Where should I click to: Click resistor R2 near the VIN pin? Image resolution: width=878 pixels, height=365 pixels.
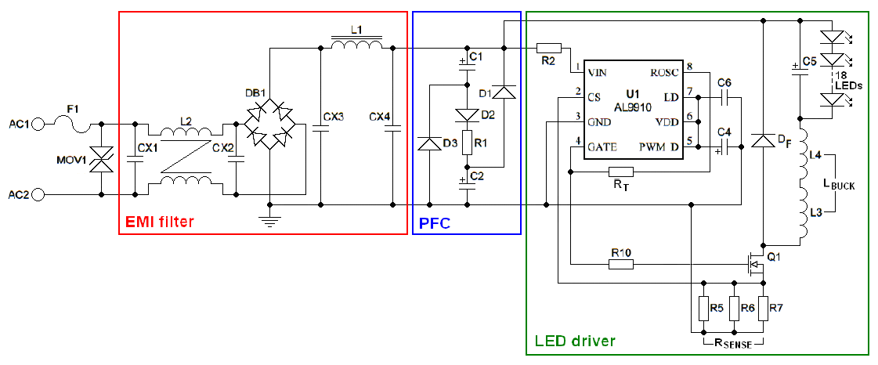(x=548, y=48)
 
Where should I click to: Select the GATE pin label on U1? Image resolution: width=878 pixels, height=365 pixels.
(x=602, y=146)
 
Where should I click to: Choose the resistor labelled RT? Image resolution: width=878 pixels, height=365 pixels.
(x=620, y=172)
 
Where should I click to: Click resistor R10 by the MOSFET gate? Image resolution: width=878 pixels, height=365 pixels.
(x=620, y=265)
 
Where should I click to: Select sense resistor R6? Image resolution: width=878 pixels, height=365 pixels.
(x=735, y=309)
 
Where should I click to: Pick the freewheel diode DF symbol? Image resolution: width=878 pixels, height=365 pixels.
(x=761, y=142)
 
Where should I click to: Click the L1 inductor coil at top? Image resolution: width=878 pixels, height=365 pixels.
(x=356, y=45)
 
